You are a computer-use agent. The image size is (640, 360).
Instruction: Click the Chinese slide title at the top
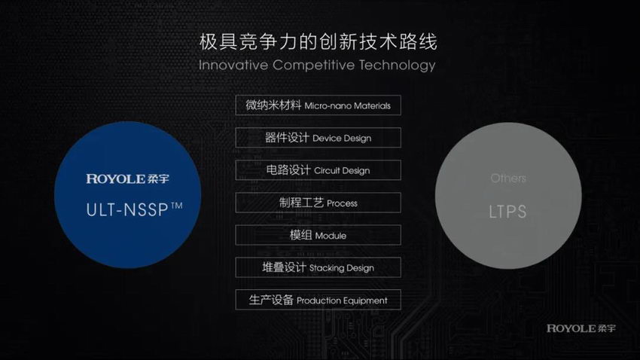[318, 41]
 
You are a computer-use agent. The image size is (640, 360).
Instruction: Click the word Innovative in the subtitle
[233, 65]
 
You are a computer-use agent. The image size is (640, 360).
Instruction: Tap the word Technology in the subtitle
[397, 66]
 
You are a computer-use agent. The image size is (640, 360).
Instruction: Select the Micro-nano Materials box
[318, 105]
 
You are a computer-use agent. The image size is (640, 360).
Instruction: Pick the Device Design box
[318, 138]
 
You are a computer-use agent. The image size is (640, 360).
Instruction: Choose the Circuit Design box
[318, 169]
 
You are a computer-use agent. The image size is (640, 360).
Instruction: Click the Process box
[318, 203]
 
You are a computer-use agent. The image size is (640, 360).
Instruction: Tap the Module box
[318, 235]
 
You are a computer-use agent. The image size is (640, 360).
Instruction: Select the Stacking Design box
[318, 267]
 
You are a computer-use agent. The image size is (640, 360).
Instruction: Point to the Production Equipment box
[318, 300]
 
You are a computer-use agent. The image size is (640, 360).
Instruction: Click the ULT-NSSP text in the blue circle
[127, 210]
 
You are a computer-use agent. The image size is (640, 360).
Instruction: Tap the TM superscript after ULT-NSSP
[177, 206]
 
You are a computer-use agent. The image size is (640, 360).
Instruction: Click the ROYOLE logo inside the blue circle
[127, 178]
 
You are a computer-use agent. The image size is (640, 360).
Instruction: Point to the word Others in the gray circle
[508, 178]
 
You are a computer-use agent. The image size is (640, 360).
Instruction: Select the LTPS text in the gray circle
[507, 212]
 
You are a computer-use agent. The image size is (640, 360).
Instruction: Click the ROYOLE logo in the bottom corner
[581, 328]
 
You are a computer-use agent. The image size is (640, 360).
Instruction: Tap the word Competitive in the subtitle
[313, 65]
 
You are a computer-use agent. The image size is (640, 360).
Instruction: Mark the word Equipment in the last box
[364, 301]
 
